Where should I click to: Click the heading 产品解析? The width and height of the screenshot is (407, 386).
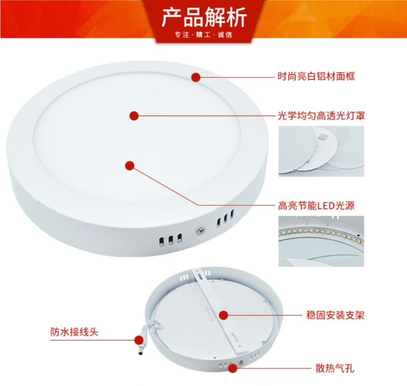click(204, 18)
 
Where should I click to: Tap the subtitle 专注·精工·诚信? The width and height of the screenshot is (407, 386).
click(203, 35)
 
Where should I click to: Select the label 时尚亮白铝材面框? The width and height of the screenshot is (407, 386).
click(316, 76)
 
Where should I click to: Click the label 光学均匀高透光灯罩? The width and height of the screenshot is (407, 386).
click(321, 115)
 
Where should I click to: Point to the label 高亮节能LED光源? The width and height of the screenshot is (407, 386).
click(316, 205)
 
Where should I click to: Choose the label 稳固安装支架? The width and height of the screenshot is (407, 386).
click(335, 315)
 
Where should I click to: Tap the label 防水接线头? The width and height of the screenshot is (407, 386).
click(74, 332)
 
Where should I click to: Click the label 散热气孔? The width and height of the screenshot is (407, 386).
click(335, 368)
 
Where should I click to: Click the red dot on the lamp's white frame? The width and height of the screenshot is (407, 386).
click(196, 77)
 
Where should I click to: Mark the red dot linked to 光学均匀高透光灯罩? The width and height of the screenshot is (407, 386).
click(134, 115)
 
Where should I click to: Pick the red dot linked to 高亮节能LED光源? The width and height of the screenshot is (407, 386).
click(130, 165)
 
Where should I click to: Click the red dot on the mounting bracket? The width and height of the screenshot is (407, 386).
click(223, 315)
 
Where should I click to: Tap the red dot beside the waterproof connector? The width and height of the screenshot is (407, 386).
click(139, 340)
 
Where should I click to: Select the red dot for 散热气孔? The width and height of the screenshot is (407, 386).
click(232, 368)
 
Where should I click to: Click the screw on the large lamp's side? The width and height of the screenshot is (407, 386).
click(200, 229)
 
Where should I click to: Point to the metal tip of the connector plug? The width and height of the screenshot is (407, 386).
click(141, 351)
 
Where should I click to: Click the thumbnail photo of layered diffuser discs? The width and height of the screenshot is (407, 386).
click(322, 151)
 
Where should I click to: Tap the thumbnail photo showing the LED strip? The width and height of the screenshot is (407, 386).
click(322, 241)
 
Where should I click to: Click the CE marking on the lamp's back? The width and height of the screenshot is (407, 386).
click(208, 310)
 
